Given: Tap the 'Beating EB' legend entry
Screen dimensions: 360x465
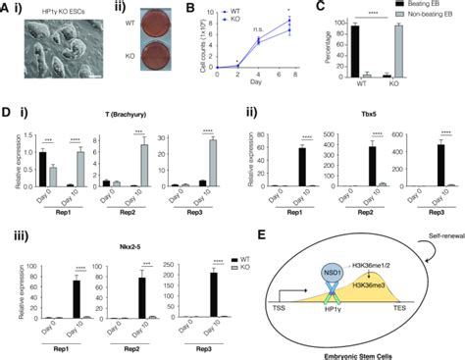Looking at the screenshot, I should click(429, 19).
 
